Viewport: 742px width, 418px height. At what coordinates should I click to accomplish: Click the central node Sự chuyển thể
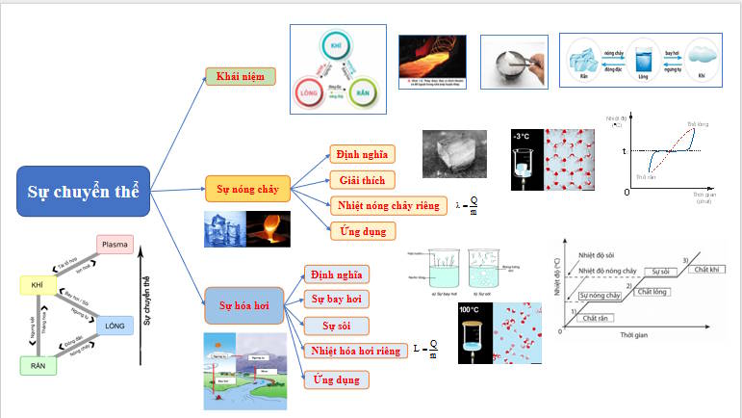(83, 191)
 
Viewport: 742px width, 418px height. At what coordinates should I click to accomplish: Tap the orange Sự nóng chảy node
(247, 189)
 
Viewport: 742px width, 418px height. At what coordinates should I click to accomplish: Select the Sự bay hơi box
(336, 299)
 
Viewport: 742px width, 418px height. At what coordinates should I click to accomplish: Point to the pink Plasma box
(115, 246)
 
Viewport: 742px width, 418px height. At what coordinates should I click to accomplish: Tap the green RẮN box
(38, 365)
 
